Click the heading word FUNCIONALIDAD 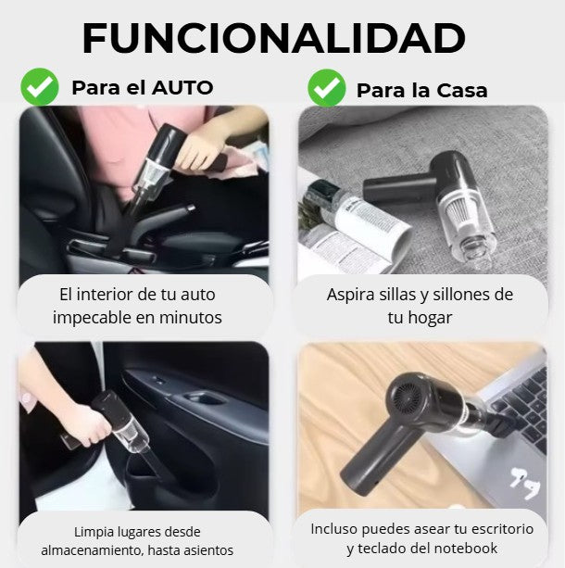point(273,38)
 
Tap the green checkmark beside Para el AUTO point(40,87)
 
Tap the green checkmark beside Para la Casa point(326,88)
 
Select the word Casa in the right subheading point(459,91)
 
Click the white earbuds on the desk point(521,483)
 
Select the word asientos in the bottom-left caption point(207,550)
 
